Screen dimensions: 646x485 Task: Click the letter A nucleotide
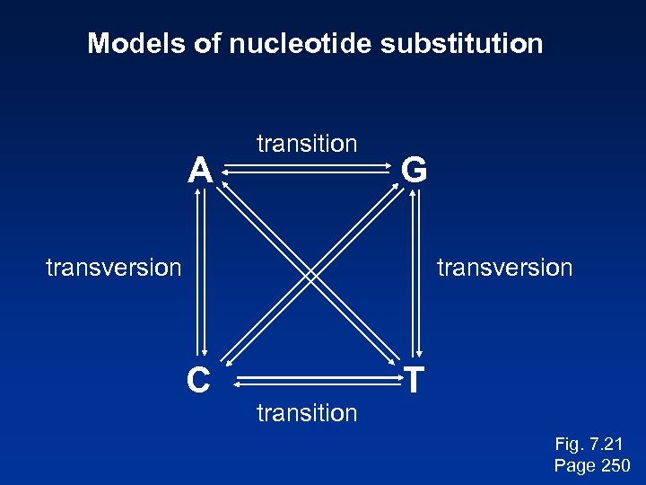199,169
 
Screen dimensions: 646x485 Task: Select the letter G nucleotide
414,169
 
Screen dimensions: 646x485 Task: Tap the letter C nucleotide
198,381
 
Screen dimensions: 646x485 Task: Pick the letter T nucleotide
414,381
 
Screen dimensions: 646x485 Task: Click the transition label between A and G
307,144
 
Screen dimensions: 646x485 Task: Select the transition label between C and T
307,413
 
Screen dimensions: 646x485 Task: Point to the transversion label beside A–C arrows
114,268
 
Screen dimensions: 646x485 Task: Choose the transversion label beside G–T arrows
503,268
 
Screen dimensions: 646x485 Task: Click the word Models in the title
136,43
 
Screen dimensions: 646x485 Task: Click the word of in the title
205,43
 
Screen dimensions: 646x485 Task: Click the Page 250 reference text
592,465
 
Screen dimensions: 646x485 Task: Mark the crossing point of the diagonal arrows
310,275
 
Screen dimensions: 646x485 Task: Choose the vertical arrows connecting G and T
415,275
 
